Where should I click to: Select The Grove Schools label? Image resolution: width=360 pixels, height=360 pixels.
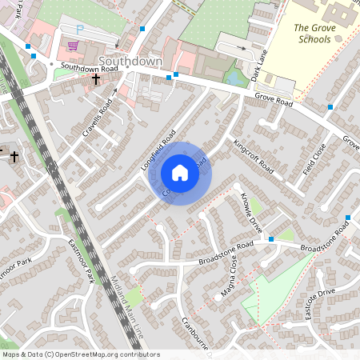[313, 33]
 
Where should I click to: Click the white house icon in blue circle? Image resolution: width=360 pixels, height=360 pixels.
[180, 173]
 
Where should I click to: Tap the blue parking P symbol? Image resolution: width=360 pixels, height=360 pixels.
[79, 29]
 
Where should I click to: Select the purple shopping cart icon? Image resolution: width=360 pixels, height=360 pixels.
[74, 46]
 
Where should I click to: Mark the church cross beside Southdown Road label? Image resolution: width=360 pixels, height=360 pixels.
[96, 79]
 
